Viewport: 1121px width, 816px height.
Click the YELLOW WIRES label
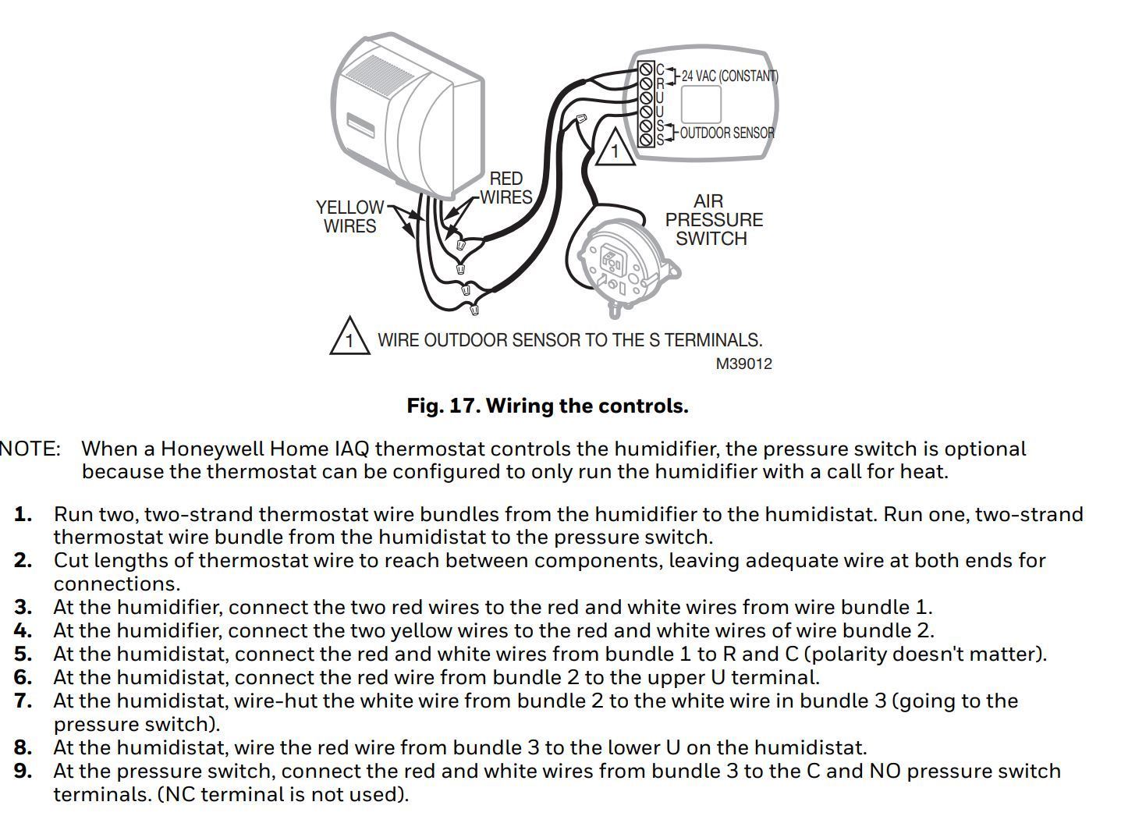coord(349,217)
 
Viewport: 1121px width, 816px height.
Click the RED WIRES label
coord(506,188)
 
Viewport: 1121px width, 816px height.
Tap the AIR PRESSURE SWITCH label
coord(713,220)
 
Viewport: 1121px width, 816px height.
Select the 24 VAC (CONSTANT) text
coord(729,76)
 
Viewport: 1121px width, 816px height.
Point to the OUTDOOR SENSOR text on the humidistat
coord(727,133)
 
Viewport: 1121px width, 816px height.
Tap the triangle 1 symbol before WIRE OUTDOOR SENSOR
coord(349,338)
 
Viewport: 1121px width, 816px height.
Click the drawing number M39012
coord(743,364)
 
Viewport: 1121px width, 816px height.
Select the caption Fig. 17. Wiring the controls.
coord(548,406)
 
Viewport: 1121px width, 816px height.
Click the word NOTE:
coord(30,449)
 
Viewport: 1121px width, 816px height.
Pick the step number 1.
coord(23,515)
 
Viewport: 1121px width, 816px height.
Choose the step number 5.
coord(23,654)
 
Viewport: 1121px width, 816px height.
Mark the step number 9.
coord(23,771)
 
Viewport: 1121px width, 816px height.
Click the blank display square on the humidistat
coord(700,104)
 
